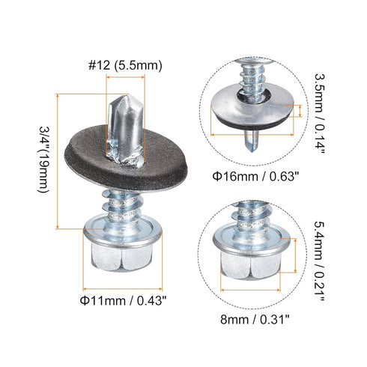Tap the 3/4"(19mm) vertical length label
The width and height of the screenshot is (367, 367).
[x=42, y=161]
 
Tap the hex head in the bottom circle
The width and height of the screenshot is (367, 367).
[x=254, y=258]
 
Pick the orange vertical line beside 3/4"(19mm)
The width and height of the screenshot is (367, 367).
[x=59, y=161]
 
